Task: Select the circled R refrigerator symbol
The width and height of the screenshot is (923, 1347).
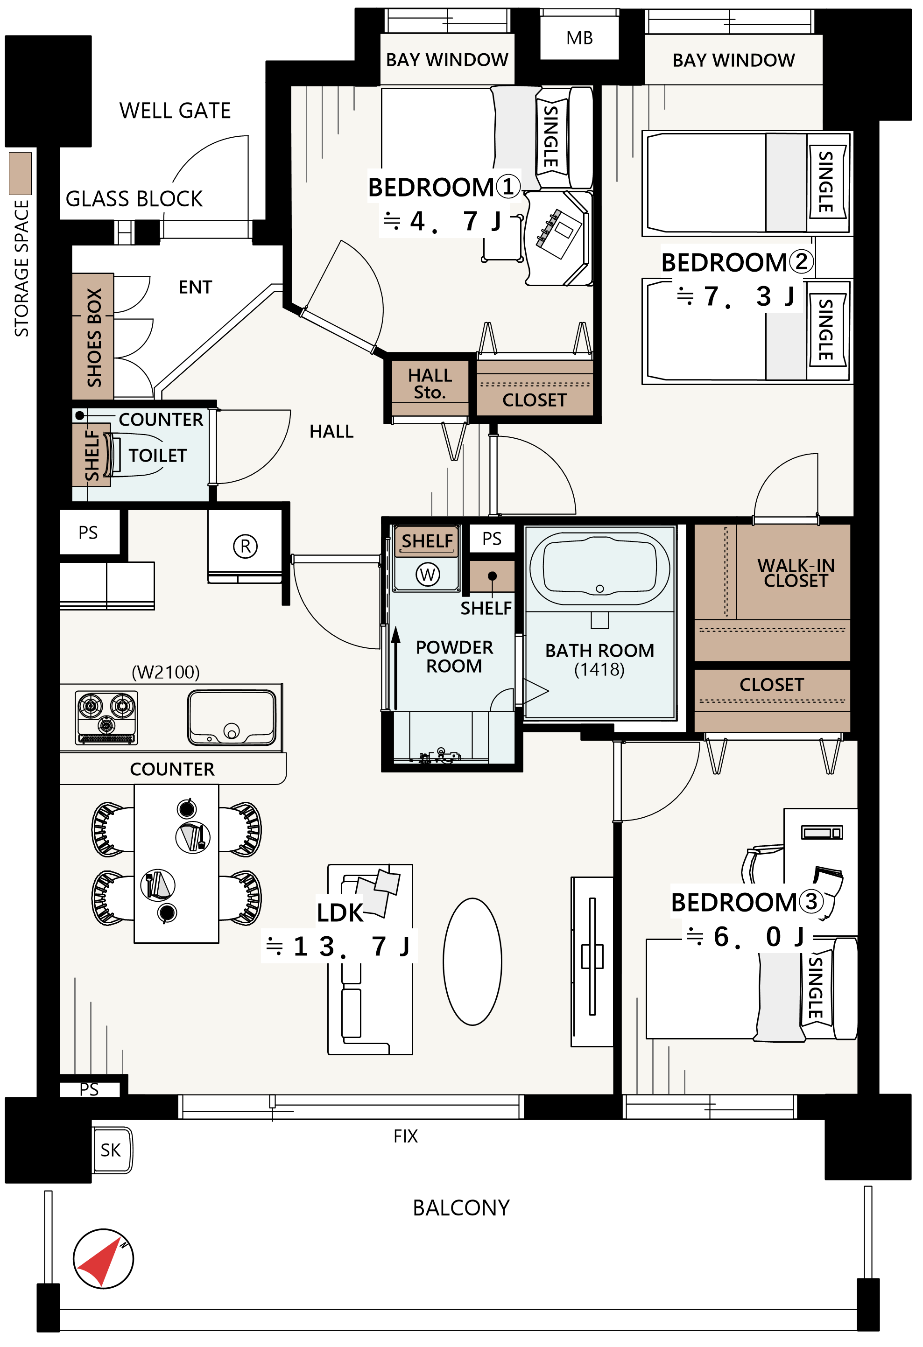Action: point(245,546)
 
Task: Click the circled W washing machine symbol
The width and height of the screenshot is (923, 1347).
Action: point(428,575)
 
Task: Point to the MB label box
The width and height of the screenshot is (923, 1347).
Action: point(579,38)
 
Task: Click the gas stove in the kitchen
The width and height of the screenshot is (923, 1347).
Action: point(106,717)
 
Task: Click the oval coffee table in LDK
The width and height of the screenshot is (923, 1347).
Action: point(472,961)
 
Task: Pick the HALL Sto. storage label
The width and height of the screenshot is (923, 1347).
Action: point(430,384)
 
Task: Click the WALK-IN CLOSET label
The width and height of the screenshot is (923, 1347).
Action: point(796,573)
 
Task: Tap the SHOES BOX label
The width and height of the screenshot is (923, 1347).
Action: point(94,337)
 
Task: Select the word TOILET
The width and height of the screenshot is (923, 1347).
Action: point(158,456)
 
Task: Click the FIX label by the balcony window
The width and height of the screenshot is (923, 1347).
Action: point(406,1136)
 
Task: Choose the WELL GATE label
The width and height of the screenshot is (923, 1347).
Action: point(175,110)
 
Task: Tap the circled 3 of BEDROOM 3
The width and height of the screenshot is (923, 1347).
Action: point(811,901)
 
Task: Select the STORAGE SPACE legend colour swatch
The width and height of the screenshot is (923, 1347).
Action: point(20,173)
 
